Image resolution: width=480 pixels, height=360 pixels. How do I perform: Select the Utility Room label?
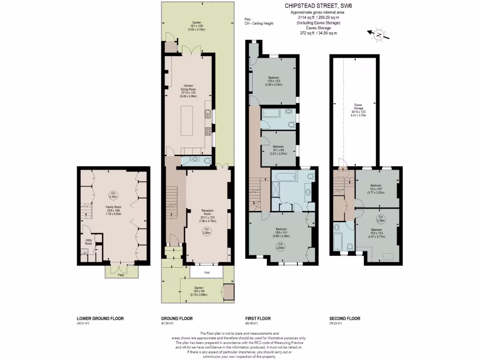[x=89, y=242]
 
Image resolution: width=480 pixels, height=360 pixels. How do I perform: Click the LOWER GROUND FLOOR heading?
[x=100, y=318]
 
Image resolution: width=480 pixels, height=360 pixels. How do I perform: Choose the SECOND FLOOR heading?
[x=345, y=318]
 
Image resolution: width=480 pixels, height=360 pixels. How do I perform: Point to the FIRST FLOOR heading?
[x=258, y=318]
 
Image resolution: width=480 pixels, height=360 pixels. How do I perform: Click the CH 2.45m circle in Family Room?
[x=112, y=195]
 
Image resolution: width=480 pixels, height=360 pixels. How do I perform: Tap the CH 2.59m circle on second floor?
[x=381, y=218]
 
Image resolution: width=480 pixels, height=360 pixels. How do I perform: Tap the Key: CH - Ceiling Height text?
[x=259, y=22]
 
